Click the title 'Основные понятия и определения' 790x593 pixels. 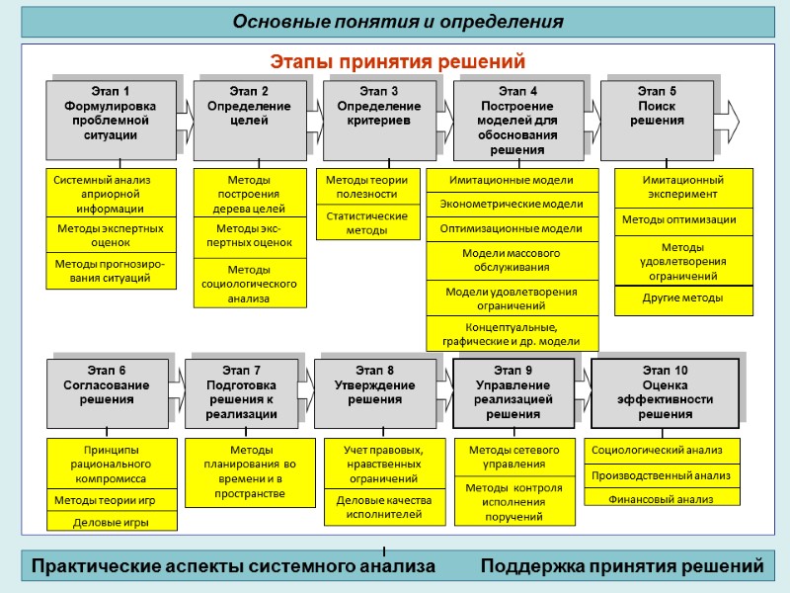(x=398, y=22)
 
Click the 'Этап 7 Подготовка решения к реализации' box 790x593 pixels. (x=242, y=392)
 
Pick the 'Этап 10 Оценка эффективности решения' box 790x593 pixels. (x=665, y=392)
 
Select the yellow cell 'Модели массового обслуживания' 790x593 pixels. (x=512, y=261)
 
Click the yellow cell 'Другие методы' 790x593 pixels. (x=683, y=298)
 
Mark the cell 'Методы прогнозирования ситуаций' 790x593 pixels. (x=111, y=271)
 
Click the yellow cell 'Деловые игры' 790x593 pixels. (x=111, y=521)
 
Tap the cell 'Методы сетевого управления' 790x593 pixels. (x=513, y=457)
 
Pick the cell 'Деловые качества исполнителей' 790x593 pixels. (x=384, y=507)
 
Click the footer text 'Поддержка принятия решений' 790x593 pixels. (x=622, y=566)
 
